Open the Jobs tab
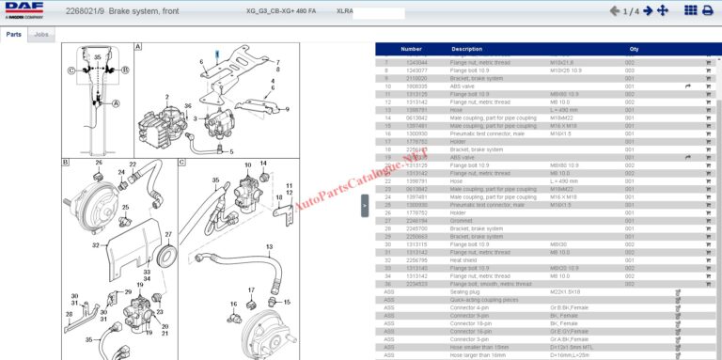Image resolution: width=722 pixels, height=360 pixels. coord(41,34)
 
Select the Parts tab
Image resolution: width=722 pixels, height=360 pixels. coord(13,34)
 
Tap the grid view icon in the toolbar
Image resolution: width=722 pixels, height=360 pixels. coord(707,11)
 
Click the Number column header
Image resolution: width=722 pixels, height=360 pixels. coord(411,49)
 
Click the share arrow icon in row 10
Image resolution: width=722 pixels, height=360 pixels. coord(688,86)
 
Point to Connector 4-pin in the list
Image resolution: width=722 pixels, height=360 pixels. coord(469,307)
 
